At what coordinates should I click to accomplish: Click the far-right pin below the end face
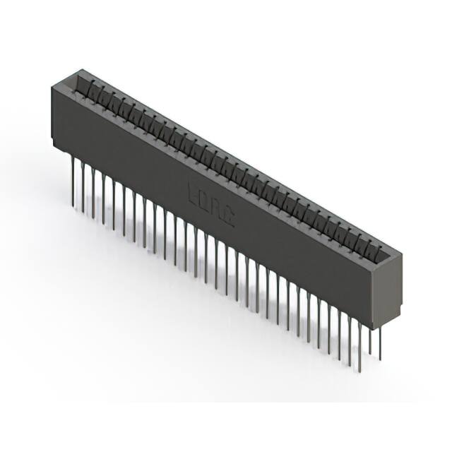click(x=380, y=342)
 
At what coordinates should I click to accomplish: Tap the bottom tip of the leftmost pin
click(x=72, y=206)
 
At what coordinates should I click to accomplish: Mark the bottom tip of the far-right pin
click(x=380, y=359)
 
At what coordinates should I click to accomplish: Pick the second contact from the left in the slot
click(x=101, y=94)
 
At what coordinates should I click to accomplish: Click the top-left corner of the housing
click(x=53, y=86)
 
